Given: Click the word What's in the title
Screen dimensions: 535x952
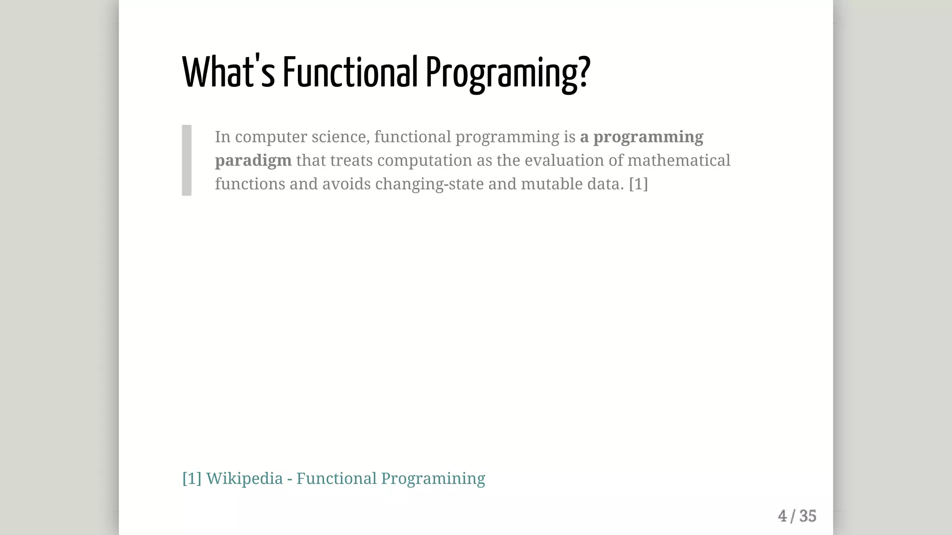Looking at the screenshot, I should [228, 72].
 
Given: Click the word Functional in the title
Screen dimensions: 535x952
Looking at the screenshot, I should [350, 72].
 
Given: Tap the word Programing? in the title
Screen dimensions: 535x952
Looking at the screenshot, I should [508, 73].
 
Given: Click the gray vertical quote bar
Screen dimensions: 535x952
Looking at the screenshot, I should [186, 160].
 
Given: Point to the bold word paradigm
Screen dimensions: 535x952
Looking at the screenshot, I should [253, 161].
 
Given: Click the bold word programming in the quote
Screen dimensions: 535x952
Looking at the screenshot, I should [648, 137].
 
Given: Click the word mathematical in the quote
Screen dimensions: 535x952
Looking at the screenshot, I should [679, 160].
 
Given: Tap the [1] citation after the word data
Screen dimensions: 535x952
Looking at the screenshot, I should [638, 184].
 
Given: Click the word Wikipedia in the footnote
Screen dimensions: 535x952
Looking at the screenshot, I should [244, 478].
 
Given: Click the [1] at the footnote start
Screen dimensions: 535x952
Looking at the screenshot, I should [192, 478].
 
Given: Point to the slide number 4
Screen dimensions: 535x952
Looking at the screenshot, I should [782, 516].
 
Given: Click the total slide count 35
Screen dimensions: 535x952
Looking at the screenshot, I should [807, 516].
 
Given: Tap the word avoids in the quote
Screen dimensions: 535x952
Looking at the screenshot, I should [346, 184].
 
